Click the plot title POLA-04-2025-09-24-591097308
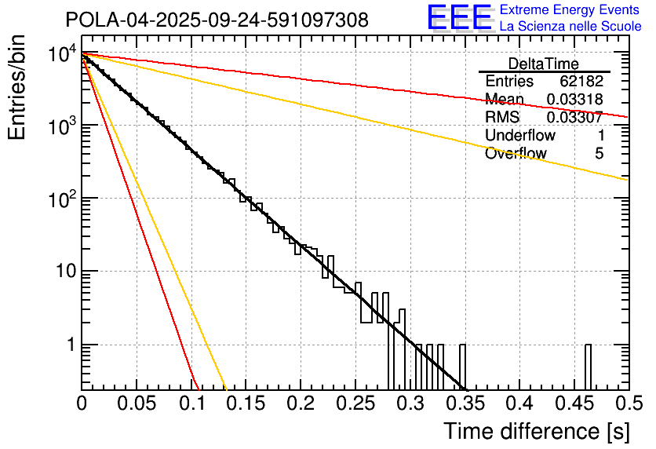[x=216, y=20]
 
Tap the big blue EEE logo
[x=459, y=18]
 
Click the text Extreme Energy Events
[x=570, y=10]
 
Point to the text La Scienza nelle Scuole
[x=570, y=27]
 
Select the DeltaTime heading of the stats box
[x=544, y=64]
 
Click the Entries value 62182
[x=581, y=82]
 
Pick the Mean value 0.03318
[x=574, y=100]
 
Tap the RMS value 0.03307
[x=574, y=118]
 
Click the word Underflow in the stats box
[x=517, y=136]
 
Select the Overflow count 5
[x=599, y=154]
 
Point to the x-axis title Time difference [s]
[x=536, y=431]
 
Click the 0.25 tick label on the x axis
[x=355, y=403]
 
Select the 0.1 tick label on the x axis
[x=191, y=403]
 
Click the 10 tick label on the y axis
[x=63, y=272]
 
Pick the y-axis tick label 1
[x=70, y=345]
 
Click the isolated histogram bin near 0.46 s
[x=589, y=367]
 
